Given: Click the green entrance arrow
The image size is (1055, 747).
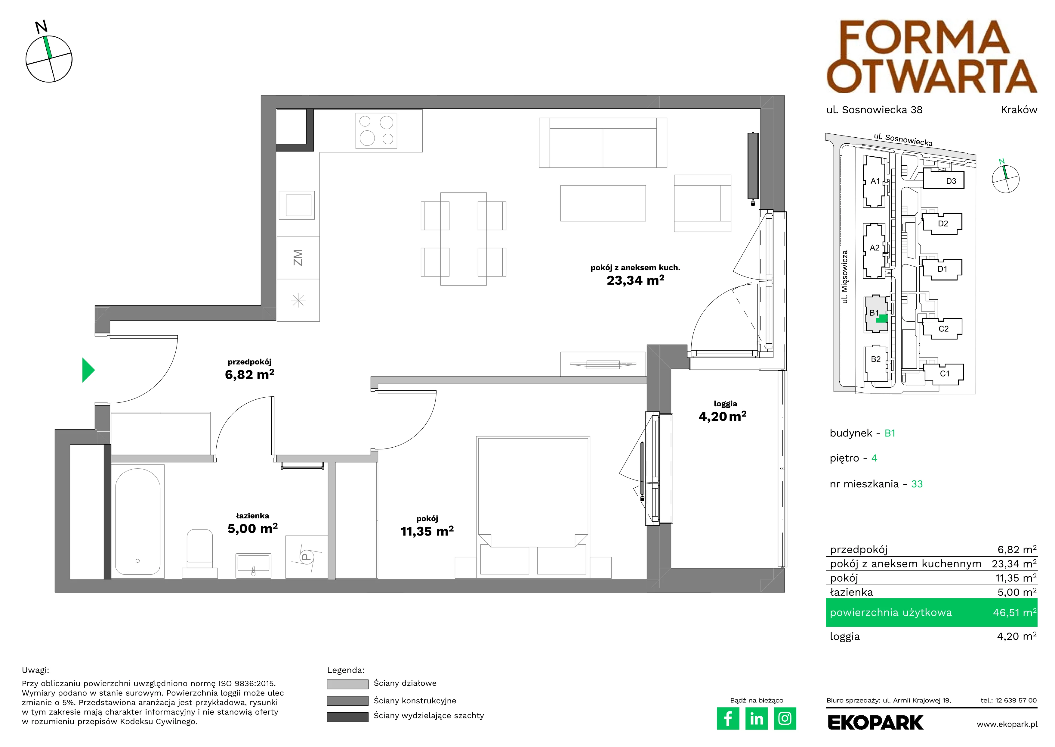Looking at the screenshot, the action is (88, 370).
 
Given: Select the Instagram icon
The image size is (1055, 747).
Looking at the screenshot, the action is (785, 718).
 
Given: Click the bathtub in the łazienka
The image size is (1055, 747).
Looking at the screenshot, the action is (137, 522).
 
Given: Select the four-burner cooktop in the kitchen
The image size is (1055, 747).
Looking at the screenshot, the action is (376, 131).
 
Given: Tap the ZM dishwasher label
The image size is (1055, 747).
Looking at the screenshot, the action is (298, 258).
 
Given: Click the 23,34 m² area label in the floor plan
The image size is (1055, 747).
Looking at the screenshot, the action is (635, 280).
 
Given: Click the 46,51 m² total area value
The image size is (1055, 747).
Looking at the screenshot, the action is (1015, 613).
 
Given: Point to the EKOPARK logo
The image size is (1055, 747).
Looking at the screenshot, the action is (875, 723).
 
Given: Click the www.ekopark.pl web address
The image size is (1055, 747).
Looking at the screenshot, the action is (1007, 724).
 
